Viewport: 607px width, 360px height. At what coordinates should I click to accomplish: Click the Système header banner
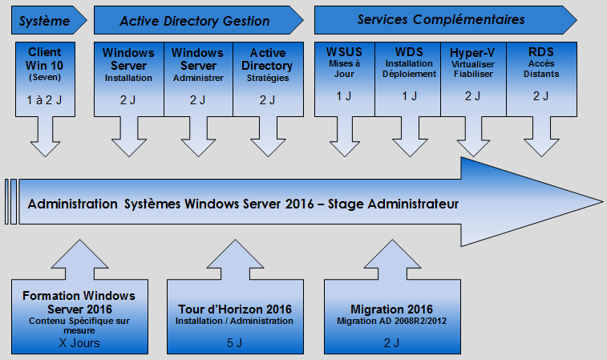coord(49,20)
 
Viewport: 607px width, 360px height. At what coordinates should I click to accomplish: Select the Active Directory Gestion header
coord(199,20)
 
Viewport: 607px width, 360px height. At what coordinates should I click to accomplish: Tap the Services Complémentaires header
coord(446,20)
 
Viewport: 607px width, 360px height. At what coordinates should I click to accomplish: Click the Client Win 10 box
coord(45,79)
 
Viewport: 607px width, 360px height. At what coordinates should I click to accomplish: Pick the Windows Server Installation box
coord(129,79)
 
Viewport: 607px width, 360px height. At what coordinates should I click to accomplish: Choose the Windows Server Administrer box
coord(198,79)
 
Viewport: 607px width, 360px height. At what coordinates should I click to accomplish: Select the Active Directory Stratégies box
coord(268,79)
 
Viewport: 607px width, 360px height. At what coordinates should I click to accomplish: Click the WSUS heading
coord(344,52)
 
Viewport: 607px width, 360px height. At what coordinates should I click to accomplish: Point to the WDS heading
coord(409,52)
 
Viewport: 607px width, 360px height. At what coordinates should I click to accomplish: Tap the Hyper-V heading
coord(472,53)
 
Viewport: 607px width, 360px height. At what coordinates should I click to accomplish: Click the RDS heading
coord(541,52)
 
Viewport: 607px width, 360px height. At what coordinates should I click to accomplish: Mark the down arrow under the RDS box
coord(541,136)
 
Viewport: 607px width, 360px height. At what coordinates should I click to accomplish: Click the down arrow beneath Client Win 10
coord(45,136)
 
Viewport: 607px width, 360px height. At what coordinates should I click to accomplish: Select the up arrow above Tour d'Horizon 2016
coord(235,259)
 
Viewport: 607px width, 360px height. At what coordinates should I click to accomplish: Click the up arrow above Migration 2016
coord(392,259)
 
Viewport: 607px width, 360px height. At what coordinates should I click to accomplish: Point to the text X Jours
coord(79,343)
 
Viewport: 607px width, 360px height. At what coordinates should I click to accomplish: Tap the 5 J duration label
coord(235,343)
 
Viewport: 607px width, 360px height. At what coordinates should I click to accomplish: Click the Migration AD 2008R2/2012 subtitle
coord(392,321)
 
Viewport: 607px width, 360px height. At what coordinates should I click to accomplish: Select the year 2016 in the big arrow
coord(299,204)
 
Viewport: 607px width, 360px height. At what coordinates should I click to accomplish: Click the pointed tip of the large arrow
coord(603,202)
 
